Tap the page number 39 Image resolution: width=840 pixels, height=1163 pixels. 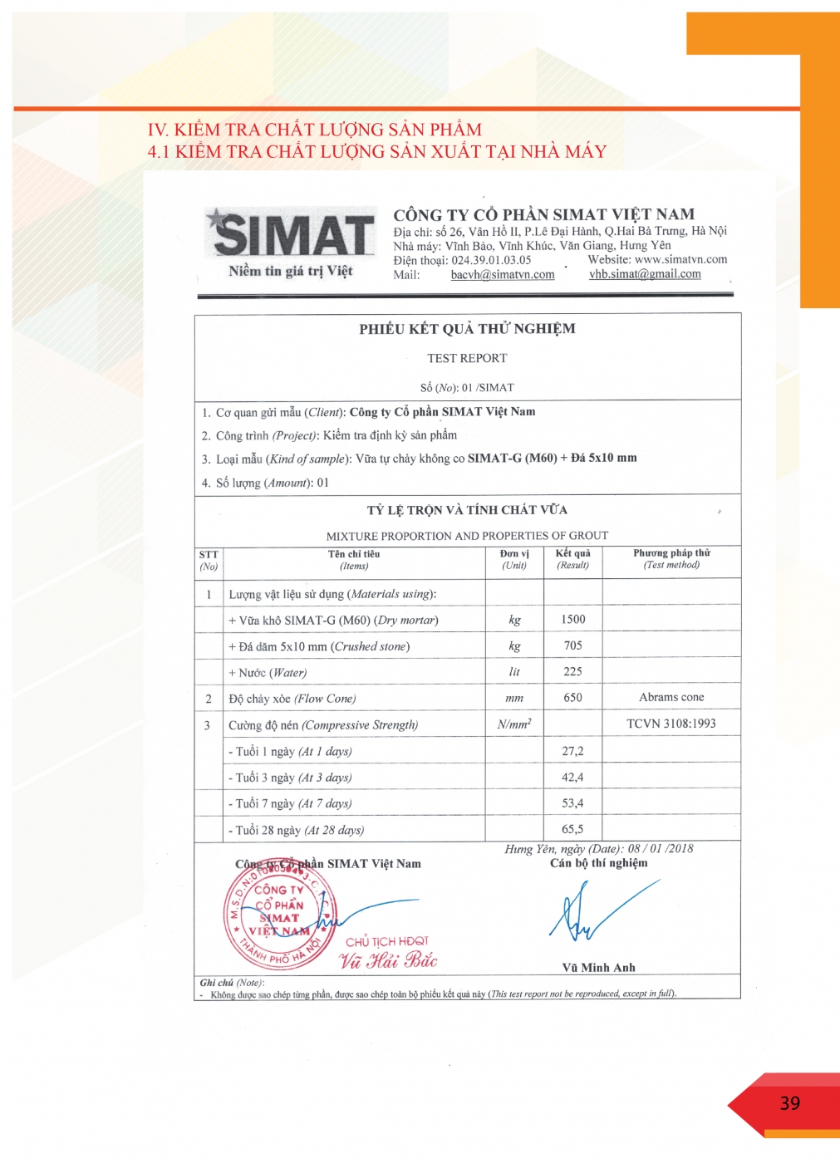[789, 1103]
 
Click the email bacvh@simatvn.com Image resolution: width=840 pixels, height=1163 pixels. [503, 275]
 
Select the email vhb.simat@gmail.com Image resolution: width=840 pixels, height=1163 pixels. [645, 274]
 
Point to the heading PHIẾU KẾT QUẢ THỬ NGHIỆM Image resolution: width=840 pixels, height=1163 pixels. [467, 329]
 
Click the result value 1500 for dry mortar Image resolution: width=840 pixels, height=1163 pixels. [572, 620]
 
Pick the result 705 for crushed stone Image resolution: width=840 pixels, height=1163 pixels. [572, 645]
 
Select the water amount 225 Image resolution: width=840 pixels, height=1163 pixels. [572, 672]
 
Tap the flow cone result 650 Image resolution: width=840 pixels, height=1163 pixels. [572, 698]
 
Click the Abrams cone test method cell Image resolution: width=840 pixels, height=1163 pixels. [671, 698]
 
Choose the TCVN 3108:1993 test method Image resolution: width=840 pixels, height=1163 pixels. [671, 724]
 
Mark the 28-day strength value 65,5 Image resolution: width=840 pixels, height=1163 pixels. [572, 829]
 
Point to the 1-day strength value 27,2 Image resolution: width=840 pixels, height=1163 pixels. [572, 751]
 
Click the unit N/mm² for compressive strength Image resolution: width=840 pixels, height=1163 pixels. [514, 724]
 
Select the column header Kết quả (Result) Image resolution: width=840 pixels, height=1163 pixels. [572, 559]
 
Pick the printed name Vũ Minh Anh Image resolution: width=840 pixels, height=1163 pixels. [598, 968]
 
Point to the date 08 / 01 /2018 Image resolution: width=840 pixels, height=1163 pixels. [661, 849]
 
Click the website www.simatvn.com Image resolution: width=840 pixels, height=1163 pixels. [680, 259]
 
